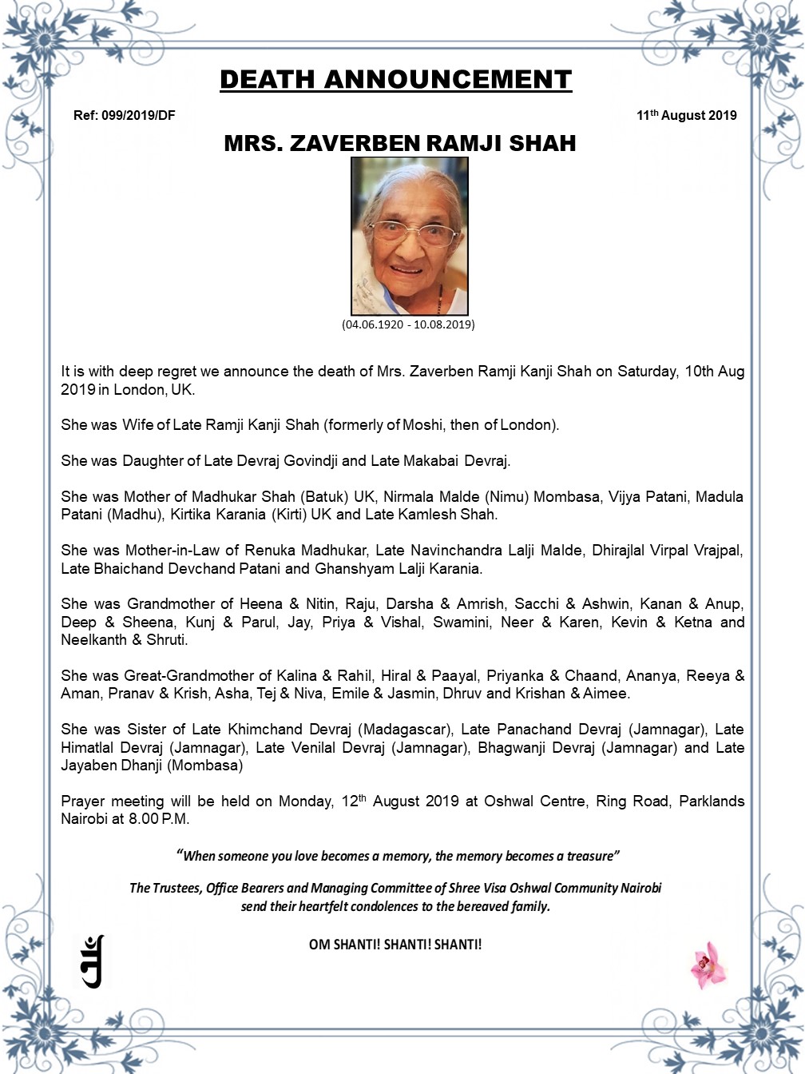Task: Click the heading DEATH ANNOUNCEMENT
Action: pos(395,80)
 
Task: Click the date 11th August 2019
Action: pos(686,116)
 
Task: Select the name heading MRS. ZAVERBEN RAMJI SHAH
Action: pos(399,144)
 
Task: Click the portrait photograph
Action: pos(410,236)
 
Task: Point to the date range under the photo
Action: pos(408,324)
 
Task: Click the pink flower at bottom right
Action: pos(708,965)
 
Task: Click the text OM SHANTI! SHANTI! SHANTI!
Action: pos(395,945)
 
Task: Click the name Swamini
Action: pos(460,623)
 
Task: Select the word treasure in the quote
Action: pos(589,856)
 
